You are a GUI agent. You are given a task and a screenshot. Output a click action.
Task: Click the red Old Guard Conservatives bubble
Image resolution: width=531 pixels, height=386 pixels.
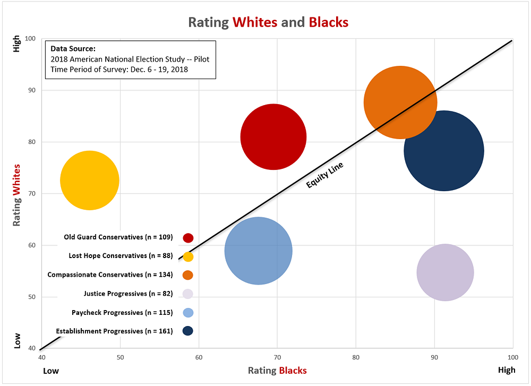click(x=273, y=136)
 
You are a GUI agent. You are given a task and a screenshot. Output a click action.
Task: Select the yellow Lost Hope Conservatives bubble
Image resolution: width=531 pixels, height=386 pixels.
click(x=89, y=181)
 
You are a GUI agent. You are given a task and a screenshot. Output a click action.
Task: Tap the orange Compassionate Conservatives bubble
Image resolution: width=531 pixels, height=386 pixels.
click(x=400, y=102)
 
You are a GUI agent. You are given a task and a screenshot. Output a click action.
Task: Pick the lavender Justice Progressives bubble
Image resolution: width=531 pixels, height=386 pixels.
click(x=445, y=272)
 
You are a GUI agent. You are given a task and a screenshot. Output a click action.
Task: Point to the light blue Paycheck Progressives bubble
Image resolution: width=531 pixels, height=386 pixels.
click(x=258, y=251)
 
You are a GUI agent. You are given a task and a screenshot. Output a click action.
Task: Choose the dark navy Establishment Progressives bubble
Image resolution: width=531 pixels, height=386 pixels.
click(x=443, y=151)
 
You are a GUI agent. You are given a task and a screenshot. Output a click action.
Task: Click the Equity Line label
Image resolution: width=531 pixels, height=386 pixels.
click(x=325, y=176)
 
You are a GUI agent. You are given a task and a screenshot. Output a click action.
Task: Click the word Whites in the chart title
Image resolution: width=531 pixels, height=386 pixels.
click(x=254, y=22)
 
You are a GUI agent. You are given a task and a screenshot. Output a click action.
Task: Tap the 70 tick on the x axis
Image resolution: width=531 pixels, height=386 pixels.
click(x=278, y=357)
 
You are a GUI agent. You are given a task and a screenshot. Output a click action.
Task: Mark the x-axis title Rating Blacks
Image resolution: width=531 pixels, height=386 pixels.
click(x=277, y=370)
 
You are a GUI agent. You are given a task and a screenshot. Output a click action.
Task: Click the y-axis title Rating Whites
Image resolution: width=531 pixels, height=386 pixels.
click(x=16, y=195)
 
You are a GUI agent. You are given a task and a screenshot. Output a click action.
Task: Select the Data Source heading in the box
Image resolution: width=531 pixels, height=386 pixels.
click(x=73, y=49)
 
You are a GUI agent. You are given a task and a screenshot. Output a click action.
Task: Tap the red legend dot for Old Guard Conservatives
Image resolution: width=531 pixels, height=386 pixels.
click(x=188, y=238)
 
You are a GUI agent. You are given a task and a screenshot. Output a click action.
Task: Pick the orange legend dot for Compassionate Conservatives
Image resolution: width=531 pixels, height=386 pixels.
click(x=188, y=275)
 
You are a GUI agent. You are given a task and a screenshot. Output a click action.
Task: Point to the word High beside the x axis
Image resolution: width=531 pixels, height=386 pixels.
click(x=506, y=370)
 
